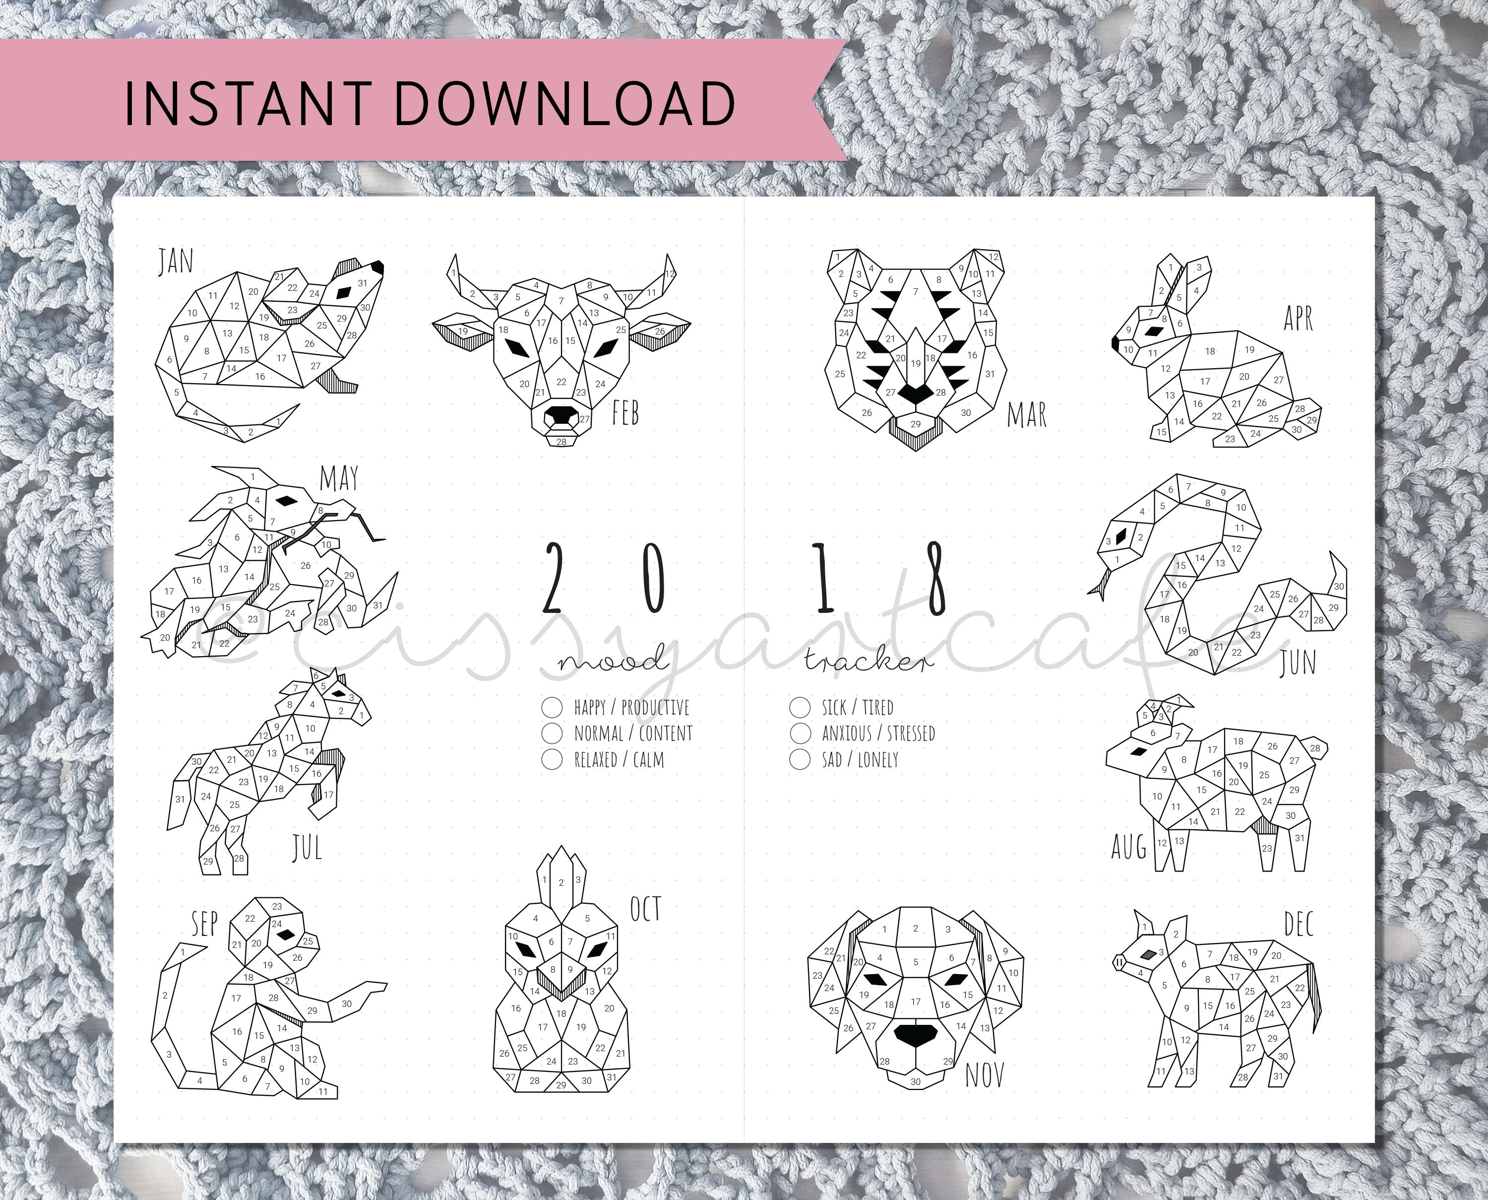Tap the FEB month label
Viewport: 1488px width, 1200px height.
(x=626, y=413)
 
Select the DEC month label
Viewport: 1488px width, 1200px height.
(x=1298, y=924)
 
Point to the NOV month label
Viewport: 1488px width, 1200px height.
(x=985, y=1075)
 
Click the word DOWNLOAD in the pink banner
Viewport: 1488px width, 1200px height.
(x=565, y=103)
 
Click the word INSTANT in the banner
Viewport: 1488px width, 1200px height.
(x=248, y=103)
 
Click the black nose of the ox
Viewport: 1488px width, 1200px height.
(x=561, y=416)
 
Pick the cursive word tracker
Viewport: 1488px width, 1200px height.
(x=869, y=662)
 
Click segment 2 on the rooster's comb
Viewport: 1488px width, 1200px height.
(x=561, y=878)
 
